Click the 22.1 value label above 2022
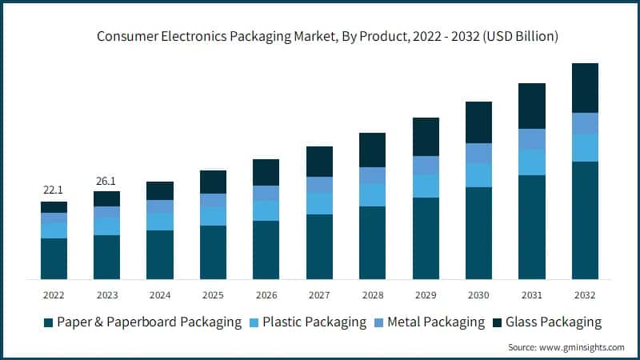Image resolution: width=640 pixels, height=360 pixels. [54, 189]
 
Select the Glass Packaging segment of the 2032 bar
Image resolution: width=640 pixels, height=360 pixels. [585, 88]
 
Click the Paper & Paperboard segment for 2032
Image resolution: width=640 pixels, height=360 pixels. [585, 220]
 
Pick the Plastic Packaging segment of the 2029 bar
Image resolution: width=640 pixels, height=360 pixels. [426, 186]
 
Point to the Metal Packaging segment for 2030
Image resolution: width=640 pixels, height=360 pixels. [478, 153]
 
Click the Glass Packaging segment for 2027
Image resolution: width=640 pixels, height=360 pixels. [319, 162]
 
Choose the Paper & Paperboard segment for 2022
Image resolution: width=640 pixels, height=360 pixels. [54, 258]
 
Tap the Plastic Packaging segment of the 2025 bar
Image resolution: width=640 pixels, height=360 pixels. [213, 217]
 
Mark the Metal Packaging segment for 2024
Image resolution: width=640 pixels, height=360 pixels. [160, 206]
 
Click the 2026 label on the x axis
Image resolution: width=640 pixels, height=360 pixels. [266, 295]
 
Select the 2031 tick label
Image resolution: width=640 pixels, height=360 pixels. [532, 295]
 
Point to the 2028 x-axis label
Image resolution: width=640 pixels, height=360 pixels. [373, 295]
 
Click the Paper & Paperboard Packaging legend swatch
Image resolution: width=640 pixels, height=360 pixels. [49, 322]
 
